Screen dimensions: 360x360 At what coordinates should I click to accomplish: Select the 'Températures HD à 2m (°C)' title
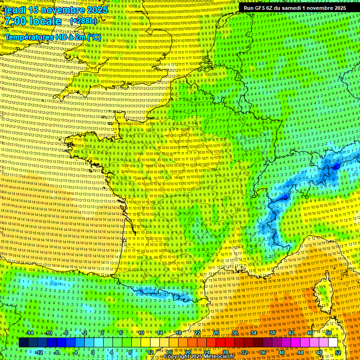[52, 37]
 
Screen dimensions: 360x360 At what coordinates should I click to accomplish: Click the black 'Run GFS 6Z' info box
[293, 8]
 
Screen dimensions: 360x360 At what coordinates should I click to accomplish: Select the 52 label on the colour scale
[338, 352]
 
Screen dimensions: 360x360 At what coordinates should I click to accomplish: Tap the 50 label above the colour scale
[329, 333]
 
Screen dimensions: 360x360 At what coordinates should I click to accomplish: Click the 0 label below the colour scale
[92, 352]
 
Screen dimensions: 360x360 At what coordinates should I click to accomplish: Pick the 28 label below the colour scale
[225, 352]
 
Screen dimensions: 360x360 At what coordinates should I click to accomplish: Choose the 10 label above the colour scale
[141, 333]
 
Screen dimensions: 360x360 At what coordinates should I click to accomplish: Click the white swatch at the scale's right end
[333, 343]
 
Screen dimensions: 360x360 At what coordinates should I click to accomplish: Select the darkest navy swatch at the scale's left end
[23, 343]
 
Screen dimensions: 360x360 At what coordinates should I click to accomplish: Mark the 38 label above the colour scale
[272, 333]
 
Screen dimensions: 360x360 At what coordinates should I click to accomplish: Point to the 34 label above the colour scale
[254, 333]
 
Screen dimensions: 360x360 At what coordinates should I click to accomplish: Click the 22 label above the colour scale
[197, 333]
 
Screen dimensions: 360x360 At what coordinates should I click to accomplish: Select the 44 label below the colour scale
[300, 352]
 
